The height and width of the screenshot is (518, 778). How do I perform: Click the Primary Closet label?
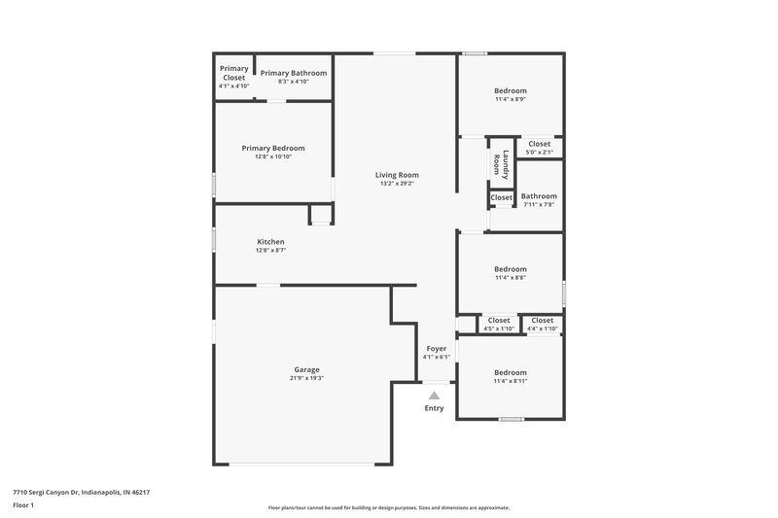tap(233, 73)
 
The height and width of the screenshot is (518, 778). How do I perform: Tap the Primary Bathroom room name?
tap(293, 73)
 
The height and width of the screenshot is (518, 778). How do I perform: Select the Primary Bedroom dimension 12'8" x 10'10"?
tap(273, 156)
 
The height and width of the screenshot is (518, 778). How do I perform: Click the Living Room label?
tap(397, 175)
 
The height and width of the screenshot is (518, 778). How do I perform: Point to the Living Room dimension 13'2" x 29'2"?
tap(397, 184)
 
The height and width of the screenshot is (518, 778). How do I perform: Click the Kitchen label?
tap(270, 241)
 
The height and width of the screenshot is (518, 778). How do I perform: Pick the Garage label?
tap(306, 369)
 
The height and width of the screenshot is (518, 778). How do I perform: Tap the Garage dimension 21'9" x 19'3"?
tap(306, 378)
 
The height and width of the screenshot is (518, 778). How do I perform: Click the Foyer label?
tap(437, 348)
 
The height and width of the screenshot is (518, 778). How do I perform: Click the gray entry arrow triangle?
tap(434, 395)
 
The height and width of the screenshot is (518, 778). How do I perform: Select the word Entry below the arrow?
tap(434, 408)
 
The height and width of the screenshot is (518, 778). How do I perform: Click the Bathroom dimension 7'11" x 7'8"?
tap(539, 204)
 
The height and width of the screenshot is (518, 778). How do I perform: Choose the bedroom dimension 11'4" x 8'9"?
tap(511, 98)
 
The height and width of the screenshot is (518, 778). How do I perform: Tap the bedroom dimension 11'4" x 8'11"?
tap(511, 381)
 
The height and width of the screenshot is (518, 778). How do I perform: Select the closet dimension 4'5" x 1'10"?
tap(499, 328)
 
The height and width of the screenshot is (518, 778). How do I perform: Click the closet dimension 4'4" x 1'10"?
tap(542, 328)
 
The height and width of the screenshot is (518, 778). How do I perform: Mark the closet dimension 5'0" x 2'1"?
tap(540, 153)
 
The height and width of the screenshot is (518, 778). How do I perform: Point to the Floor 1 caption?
tap(23, 506)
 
